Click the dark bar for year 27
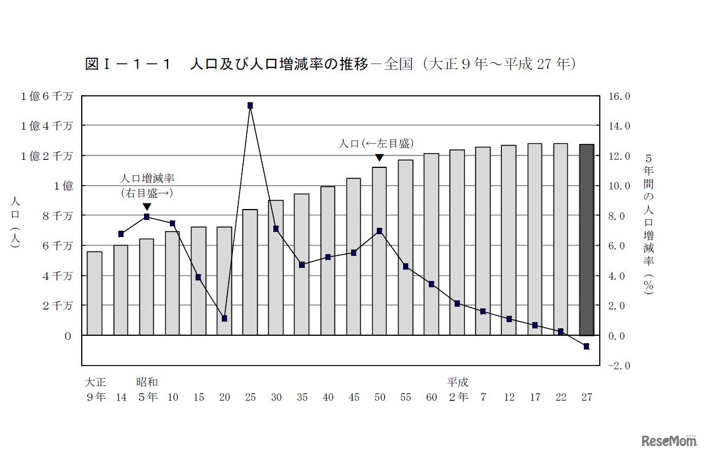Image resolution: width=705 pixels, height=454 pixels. [586, 240]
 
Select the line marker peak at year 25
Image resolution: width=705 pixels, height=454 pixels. [250, 106]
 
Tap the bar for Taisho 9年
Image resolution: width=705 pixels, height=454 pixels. [95, 293]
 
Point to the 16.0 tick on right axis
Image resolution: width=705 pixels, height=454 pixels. [619, 96]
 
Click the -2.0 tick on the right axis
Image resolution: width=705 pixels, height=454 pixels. [618, 365]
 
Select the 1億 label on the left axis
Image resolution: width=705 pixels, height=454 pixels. [63, 186]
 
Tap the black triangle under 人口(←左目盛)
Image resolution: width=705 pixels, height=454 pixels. [379, 158]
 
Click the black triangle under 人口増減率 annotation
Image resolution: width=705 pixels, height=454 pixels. [147, 207]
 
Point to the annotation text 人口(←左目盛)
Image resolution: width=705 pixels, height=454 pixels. [376, 143]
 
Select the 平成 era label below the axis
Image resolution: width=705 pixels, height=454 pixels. [457, 382]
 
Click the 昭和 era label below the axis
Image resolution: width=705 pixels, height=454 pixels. [147, 382]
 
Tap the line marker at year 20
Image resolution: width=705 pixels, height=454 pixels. [224, 318]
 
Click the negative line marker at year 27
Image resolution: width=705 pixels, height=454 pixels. [586, 346]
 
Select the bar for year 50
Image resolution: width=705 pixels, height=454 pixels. [379, 251]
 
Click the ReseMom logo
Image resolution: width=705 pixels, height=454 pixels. [669, 441]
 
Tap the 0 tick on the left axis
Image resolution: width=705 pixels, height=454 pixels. [68, 336]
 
